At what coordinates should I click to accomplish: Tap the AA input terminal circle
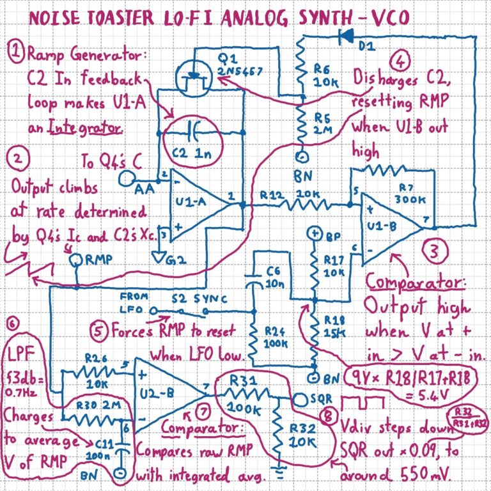(127, 182)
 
